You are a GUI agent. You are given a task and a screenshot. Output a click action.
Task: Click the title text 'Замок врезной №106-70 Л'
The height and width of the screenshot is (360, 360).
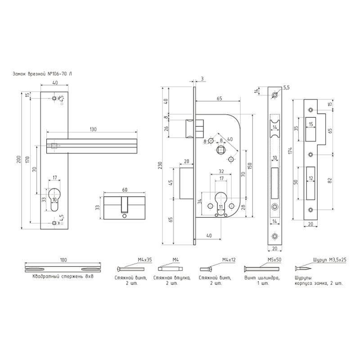(x=42, y=74)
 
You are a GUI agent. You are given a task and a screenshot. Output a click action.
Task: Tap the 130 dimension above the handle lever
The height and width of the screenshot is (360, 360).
(x=93, y=129)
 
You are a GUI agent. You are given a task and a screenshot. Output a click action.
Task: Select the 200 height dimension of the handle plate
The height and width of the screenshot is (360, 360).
(x=19, y=159)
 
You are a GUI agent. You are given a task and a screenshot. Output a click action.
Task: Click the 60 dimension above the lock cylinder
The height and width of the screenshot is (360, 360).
(x=125, y=189)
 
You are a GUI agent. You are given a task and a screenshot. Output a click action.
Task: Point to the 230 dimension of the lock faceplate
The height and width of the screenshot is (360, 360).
(x=160, y=165)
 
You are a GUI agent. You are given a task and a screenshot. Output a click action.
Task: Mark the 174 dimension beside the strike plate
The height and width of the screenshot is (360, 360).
(x=290, y=151)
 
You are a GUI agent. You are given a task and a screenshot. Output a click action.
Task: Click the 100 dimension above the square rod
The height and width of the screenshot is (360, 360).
(x=63, y=260)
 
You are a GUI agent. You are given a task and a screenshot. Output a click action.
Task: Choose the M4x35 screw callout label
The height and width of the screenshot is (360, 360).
(x=145, y=260)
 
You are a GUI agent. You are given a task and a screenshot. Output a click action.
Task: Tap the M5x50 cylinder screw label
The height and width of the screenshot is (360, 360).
(x=274, y=260)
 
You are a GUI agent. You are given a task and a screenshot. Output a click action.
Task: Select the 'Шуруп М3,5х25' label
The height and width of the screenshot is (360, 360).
(x=330, y=260)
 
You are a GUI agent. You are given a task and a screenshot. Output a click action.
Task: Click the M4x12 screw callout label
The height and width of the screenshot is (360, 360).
(x=229, y=260)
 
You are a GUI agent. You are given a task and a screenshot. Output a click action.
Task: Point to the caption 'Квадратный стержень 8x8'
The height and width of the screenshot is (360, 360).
(x=63, y=276)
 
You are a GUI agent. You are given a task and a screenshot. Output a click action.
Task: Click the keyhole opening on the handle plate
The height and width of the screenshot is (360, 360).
(x=54, y=199)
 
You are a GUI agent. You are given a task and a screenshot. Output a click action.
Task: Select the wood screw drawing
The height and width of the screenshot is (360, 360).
(x=303, y=268)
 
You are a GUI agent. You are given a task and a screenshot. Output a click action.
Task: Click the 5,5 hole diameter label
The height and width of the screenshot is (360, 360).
(x=287, y=88)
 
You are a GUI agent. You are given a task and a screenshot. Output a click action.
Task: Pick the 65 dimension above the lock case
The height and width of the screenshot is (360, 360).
(x=219, y=98)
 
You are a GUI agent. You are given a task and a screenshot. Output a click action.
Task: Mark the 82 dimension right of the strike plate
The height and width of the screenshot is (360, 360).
(x=330, y=181)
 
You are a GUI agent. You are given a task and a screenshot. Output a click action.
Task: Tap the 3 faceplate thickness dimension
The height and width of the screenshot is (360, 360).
(x=202, y=79)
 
